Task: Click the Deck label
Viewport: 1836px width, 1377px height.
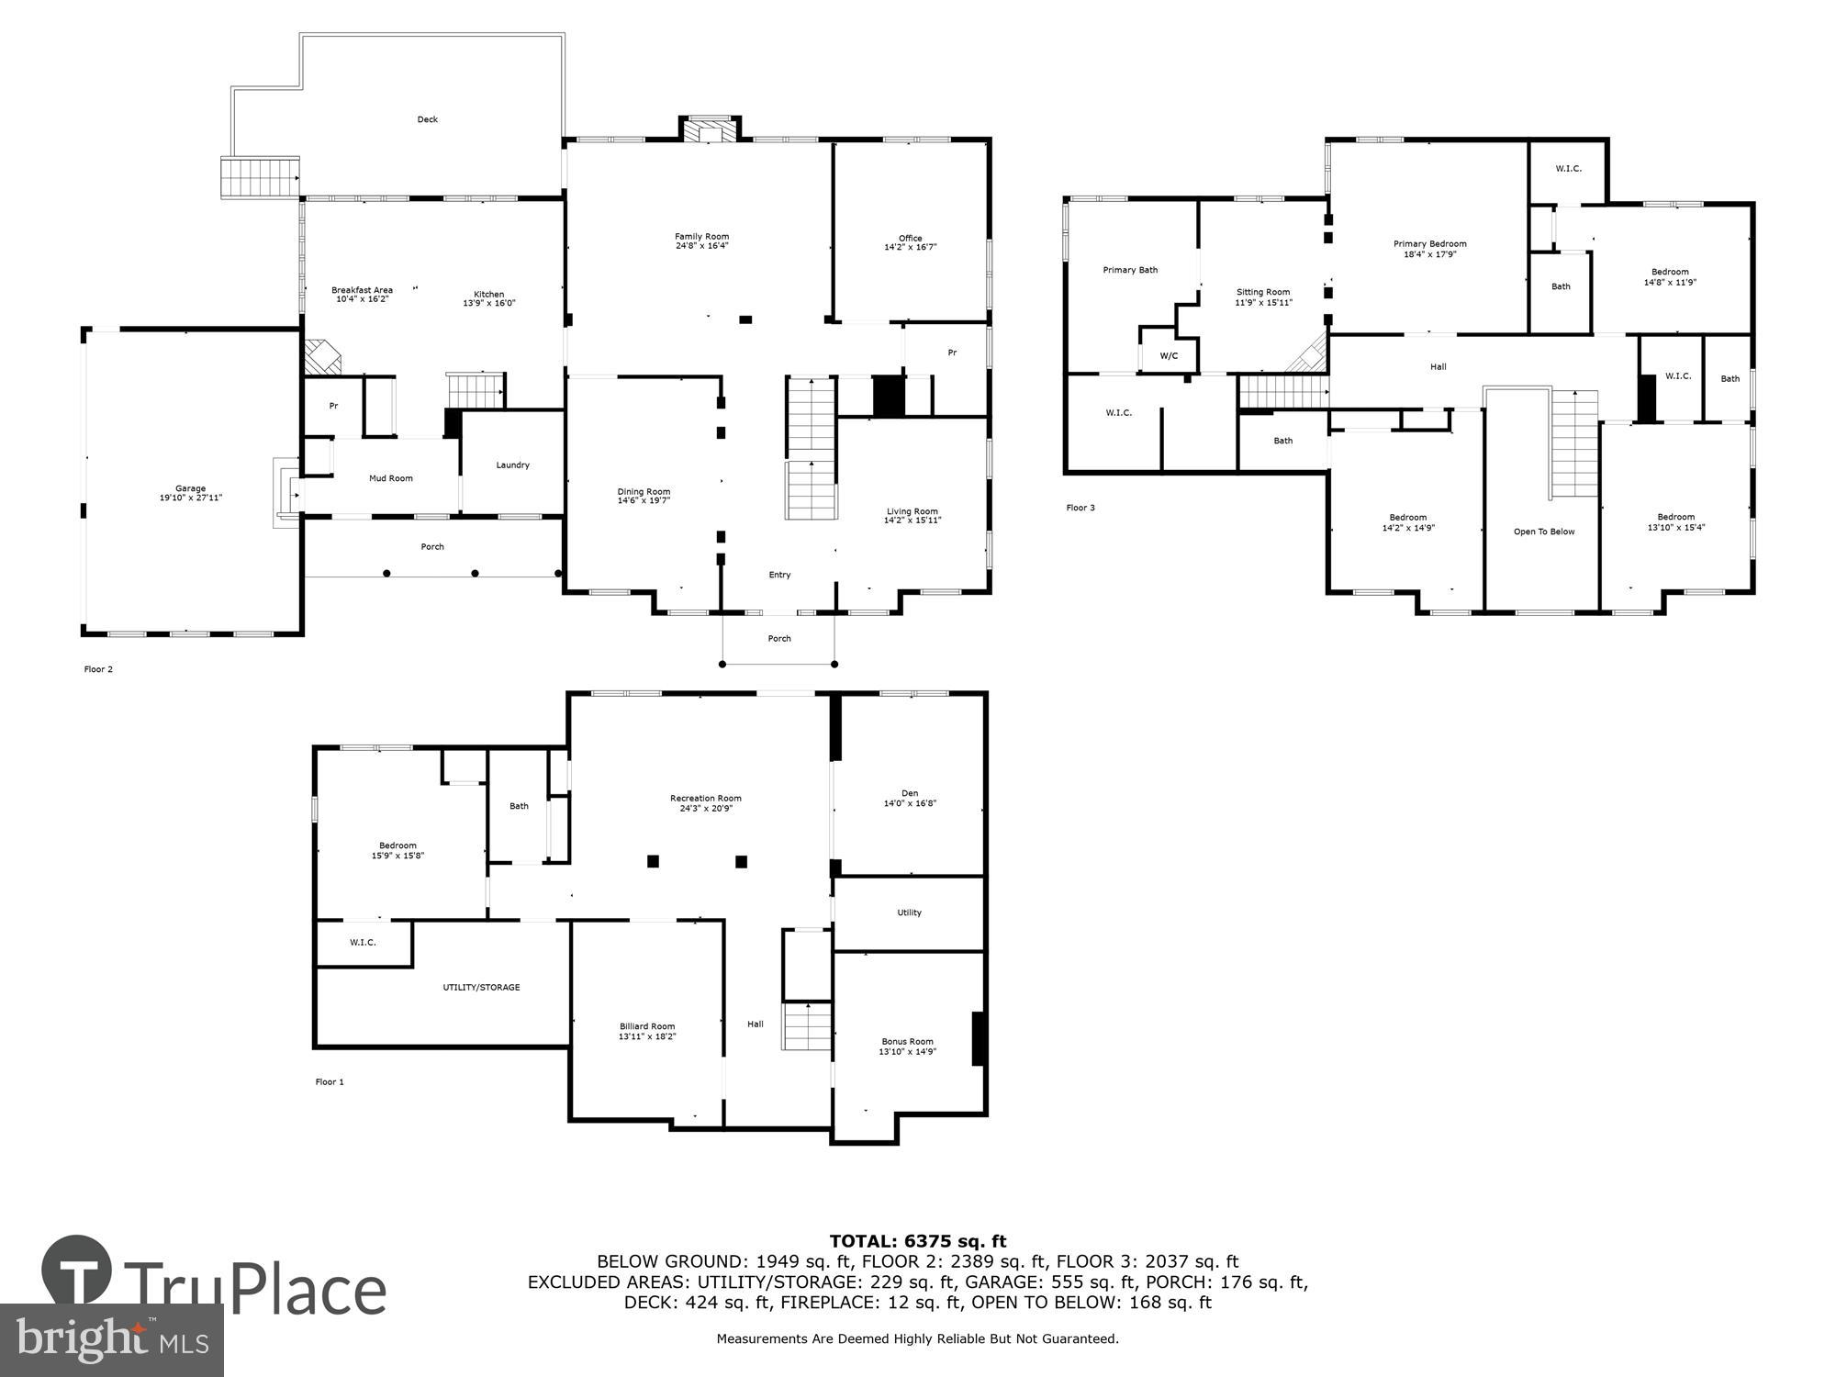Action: tap(427, 119)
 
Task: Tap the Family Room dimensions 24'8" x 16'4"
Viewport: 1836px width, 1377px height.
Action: tap(701, 246)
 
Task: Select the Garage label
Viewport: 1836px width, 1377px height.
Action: tap(191, 488)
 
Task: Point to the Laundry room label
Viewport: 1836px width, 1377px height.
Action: tap(512, 465)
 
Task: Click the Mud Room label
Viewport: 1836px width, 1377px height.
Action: tap(390, 478)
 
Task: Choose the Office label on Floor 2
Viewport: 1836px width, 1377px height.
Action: tap(910, 238)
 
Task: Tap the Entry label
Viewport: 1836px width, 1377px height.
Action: tap(779, 575)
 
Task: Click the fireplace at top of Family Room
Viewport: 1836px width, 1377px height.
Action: tap(709, 129)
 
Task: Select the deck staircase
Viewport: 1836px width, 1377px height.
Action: tap(260, 176)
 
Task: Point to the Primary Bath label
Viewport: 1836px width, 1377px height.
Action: tap(1130, 270)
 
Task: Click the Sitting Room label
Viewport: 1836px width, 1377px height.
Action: tap(1262, 292)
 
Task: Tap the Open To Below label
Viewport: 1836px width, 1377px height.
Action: tap(1543, 532)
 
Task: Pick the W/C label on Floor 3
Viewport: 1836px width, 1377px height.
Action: tap(1169, 356)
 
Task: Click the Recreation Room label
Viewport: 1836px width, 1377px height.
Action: tap(705, 798)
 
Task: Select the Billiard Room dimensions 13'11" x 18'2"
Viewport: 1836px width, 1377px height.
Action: tap(647, 1036)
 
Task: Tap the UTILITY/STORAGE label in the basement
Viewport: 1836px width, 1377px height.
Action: tap(481, 988)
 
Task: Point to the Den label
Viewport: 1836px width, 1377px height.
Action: tap(909, 793)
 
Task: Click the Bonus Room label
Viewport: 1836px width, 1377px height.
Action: tap(907, 1041)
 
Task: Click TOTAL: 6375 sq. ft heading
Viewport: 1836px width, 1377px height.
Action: tap(917, 1241)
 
